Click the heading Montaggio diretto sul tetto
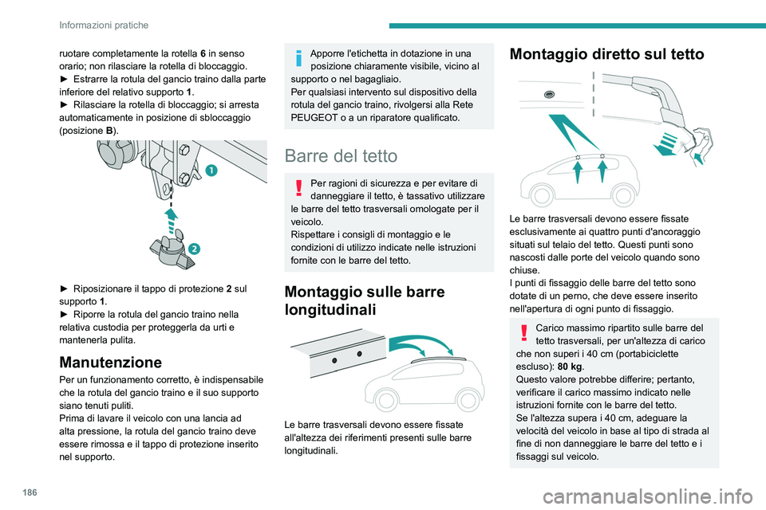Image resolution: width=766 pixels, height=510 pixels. click(x=606, y=54)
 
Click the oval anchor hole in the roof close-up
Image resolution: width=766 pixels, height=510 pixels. click(x=549, y=94)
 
